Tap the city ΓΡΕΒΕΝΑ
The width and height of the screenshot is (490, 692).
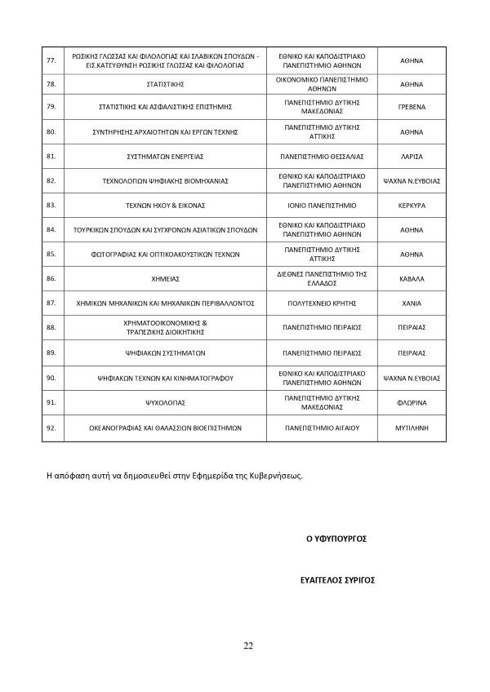coord(412,106)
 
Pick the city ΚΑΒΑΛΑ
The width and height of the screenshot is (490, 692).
coord(412,278)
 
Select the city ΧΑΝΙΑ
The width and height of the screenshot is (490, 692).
coord(412,303)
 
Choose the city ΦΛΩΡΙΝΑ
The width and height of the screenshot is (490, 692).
coord(412,403)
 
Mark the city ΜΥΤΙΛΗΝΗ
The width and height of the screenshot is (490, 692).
coord(412,427)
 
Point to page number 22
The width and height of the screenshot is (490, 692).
coord(247,646)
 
